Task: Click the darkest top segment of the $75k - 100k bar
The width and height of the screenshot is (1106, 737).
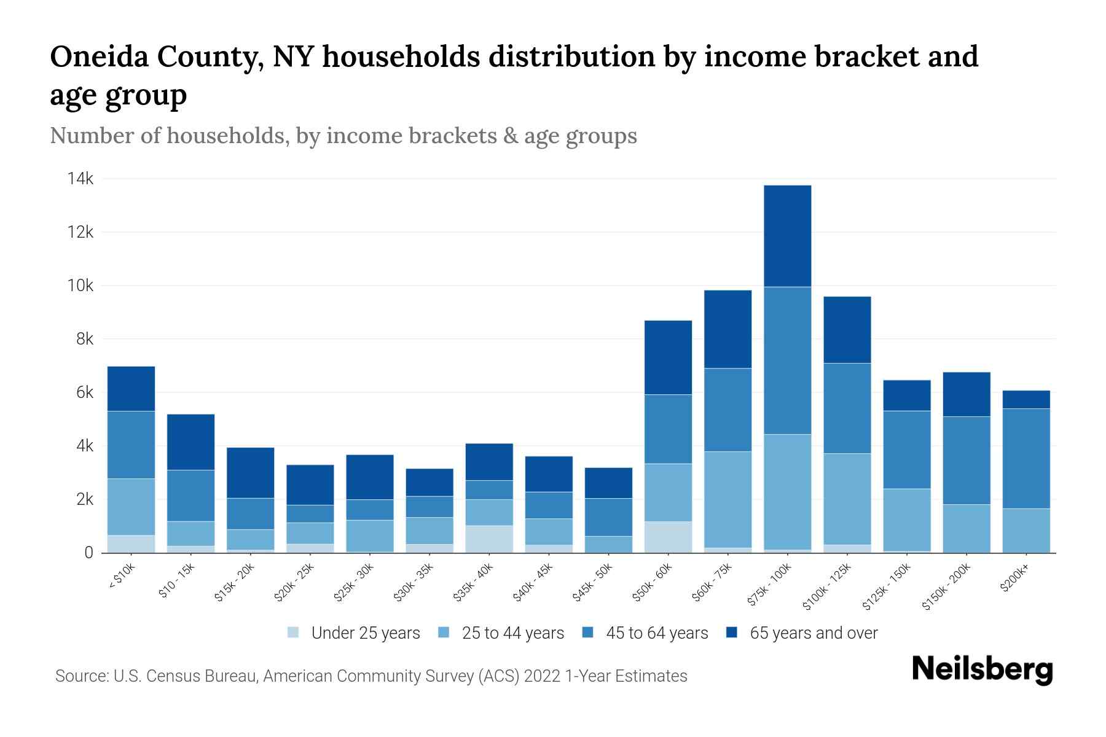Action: [787, 236]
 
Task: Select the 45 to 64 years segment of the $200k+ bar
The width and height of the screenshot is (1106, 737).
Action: [1026, 458]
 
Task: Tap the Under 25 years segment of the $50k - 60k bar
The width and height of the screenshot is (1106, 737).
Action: [668, 537]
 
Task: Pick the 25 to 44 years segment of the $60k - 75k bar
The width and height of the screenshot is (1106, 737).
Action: [728, 499]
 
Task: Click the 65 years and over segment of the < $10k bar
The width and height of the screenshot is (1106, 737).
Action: [131, 388]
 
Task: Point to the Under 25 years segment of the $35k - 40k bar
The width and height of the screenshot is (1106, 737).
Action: [489, 539]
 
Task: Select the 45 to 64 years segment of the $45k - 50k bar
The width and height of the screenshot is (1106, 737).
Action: [608, 517]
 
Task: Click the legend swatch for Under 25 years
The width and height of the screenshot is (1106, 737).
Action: [294, 633]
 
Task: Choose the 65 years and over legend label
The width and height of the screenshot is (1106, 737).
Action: [814, 633]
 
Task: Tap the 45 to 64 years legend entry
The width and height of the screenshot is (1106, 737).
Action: [657, 633]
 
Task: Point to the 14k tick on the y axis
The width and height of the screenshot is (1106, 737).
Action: [80, 179]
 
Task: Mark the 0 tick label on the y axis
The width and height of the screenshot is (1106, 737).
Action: [89, 553]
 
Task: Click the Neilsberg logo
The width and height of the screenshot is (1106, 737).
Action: [982, 670]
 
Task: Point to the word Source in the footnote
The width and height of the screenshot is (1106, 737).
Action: [80, 676]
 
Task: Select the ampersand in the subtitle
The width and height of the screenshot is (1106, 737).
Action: [510, 136]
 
